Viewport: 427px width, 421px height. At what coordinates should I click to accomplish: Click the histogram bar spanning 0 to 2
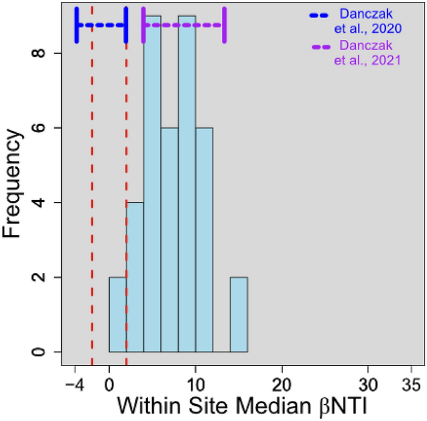pyautogui.click(x=118, y=314)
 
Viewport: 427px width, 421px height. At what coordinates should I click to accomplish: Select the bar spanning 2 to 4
pyautogui.click(x=135, y=277)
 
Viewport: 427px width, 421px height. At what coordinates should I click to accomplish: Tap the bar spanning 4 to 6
pyautogui.click(x=153, y=187)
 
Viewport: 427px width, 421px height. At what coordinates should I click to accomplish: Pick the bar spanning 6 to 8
pyautogui.click(x=170, y=240)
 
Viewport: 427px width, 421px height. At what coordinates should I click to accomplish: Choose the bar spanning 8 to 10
pyautogui.click(x=187, y=187)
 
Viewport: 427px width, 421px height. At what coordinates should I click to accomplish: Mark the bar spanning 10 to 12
pyautogui.click(x=204, y=240)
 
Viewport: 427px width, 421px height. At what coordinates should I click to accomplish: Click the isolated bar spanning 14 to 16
pyautogui.click(x=239, y=314)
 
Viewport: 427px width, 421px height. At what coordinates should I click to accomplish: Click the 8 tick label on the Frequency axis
pyautogui.click(x=38, y=54)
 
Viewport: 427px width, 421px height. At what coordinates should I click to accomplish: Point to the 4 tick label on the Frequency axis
pyautogui.click(x=38, y=203)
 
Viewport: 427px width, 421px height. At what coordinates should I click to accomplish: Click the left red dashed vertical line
pyautogui.click(x=92, y=187)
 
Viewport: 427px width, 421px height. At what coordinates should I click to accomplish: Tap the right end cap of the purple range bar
pyautogui.click(x=225, y=25)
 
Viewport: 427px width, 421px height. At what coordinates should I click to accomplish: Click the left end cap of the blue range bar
pyautogui.click(x=76, y=25)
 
